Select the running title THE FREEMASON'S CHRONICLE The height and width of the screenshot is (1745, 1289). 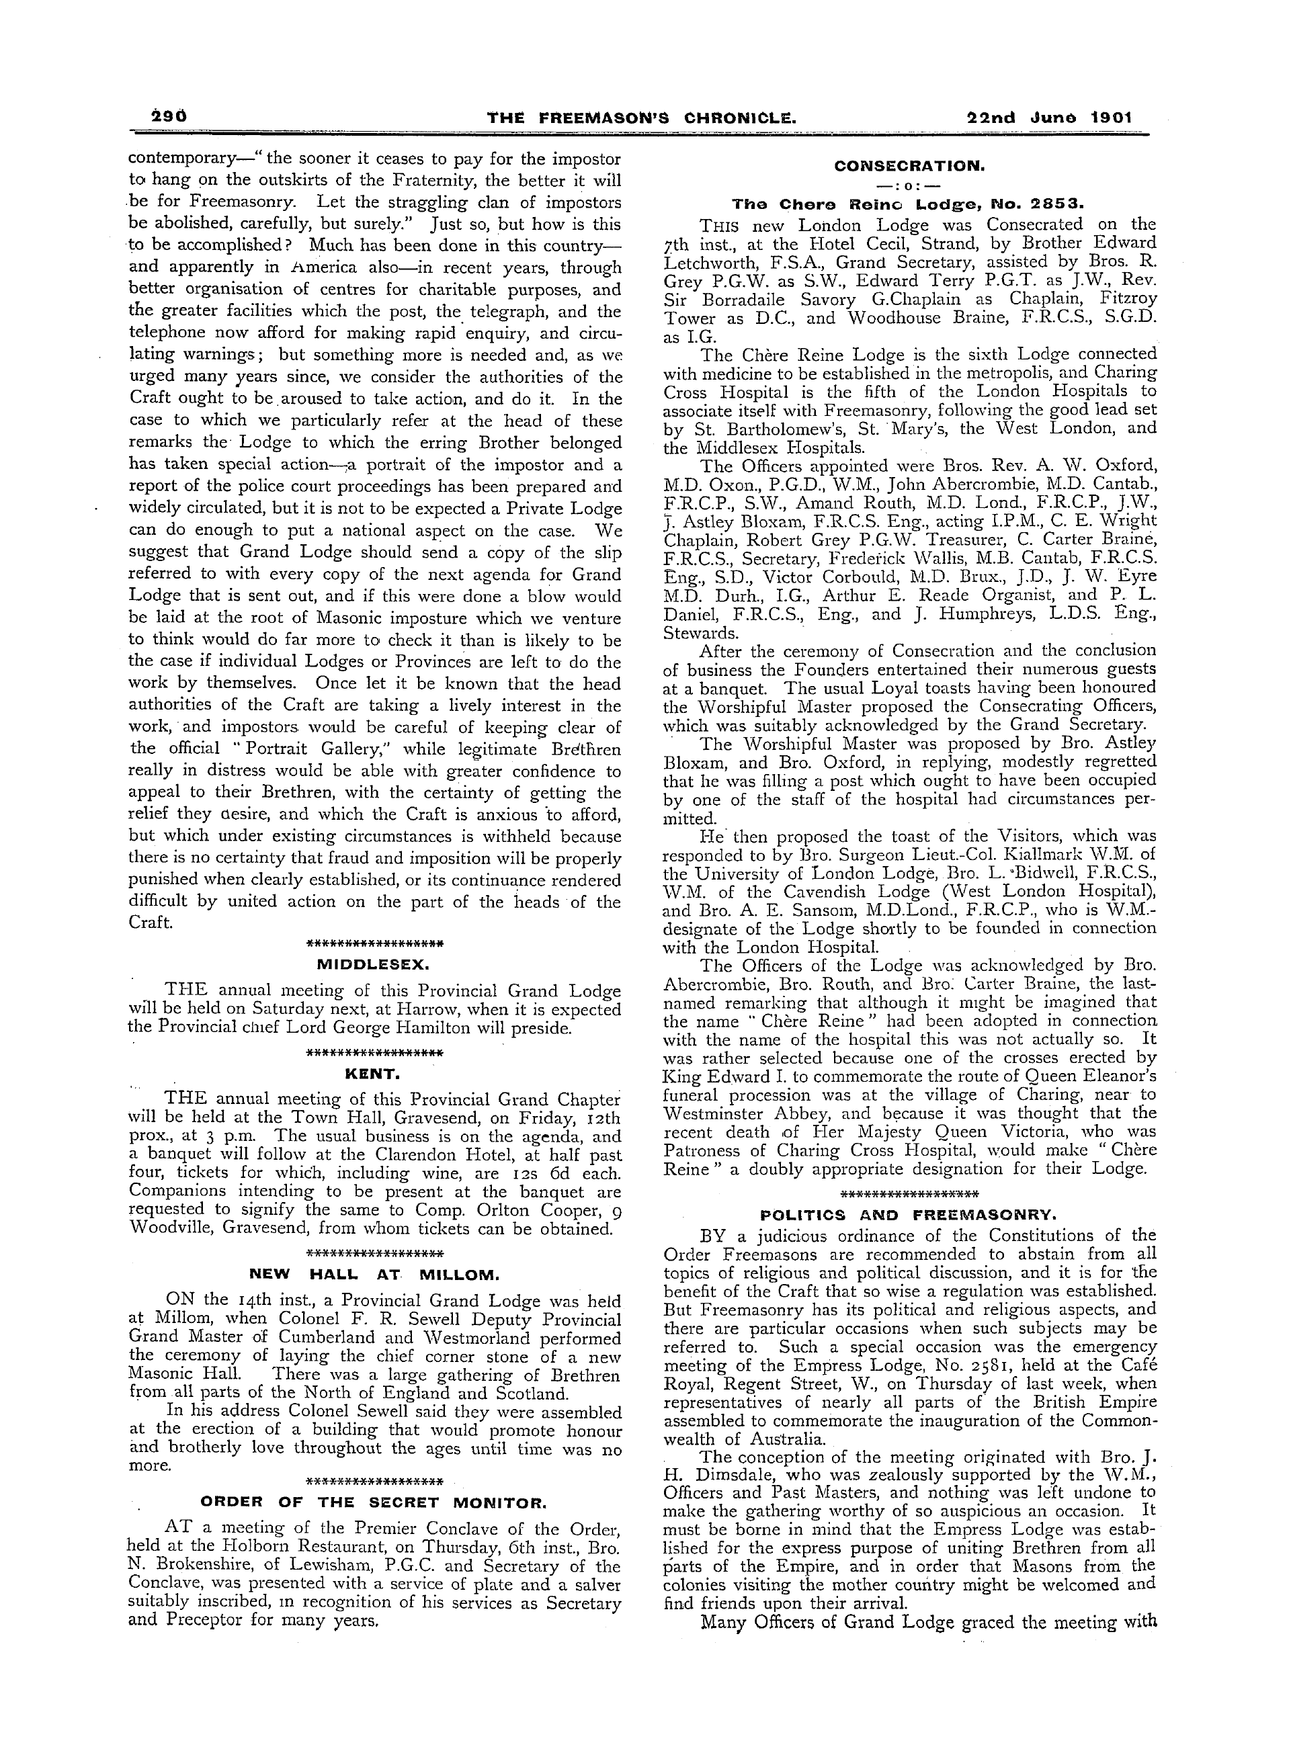pyautogui.click(x=641, y=118)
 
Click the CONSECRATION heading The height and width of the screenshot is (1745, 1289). pyautogui.click(x=909, y=166)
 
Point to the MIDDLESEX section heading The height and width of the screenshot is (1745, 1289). pyautogui.click(x=374, y=964)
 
